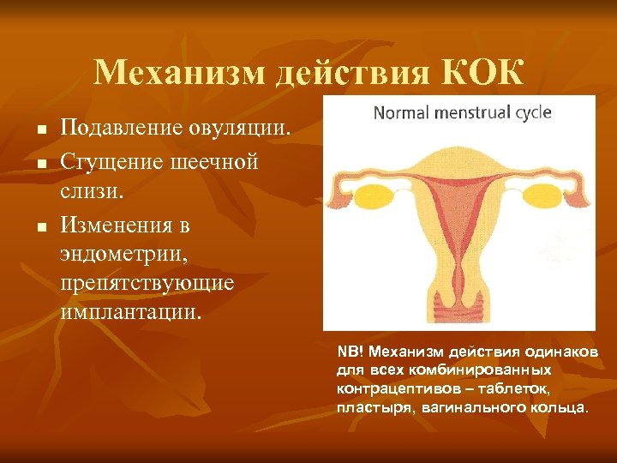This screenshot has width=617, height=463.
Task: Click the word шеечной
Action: click(x=214, y=161)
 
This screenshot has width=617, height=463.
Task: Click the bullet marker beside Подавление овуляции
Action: click(x=40, y=130)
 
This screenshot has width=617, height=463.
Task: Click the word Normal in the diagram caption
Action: click(x=402, y=112)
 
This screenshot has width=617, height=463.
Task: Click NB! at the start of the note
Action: click(x=350, y=352)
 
